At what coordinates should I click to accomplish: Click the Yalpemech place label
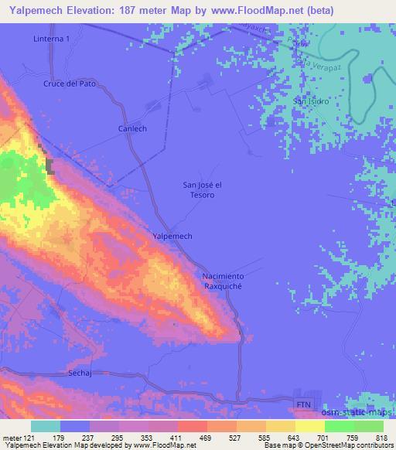pos(172,236)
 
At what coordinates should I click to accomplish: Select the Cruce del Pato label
pos(69,84)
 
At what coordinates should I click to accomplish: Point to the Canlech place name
pos(132,128)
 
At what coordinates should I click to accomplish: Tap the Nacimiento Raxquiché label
pos(223,281)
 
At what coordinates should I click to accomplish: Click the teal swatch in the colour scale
pos(46,427)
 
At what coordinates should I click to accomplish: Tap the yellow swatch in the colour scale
pos(310,427)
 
